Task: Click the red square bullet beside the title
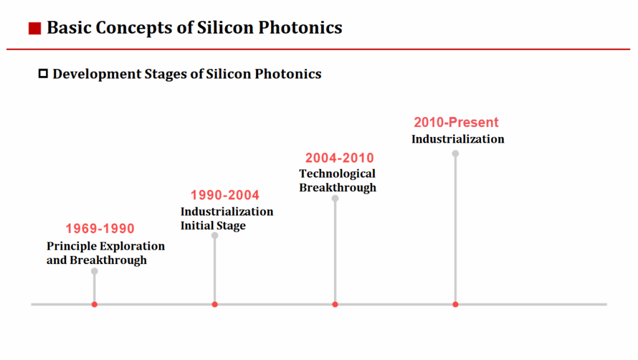tap(35, 28)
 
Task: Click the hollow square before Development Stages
tap(43, 74)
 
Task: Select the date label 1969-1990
tap(100, 229)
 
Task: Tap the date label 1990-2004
tap(225, 196)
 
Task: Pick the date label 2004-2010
tap(340, 158)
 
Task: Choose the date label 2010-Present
tap(456, 123)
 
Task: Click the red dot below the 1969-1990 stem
tap(95, 305)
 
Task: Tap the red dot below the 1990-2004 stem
tap(215, 305)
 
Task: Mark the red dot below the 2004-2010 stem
tap(335, 305)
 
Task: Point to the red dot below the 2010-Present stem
tap(455, 305)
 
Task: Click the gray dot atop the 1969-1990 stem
tap(95, 271)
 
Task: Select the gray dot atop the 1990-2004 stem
tap(215, 235)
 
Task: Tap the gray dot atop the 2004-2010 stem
tap(335, 198)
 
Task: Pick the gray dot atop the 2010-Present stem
tap(455, 153)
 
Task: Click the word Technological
tap(337, 174)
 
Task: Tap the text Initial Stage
tap(213, 225)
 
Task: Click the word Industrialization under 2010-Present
tap(458, 139)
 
